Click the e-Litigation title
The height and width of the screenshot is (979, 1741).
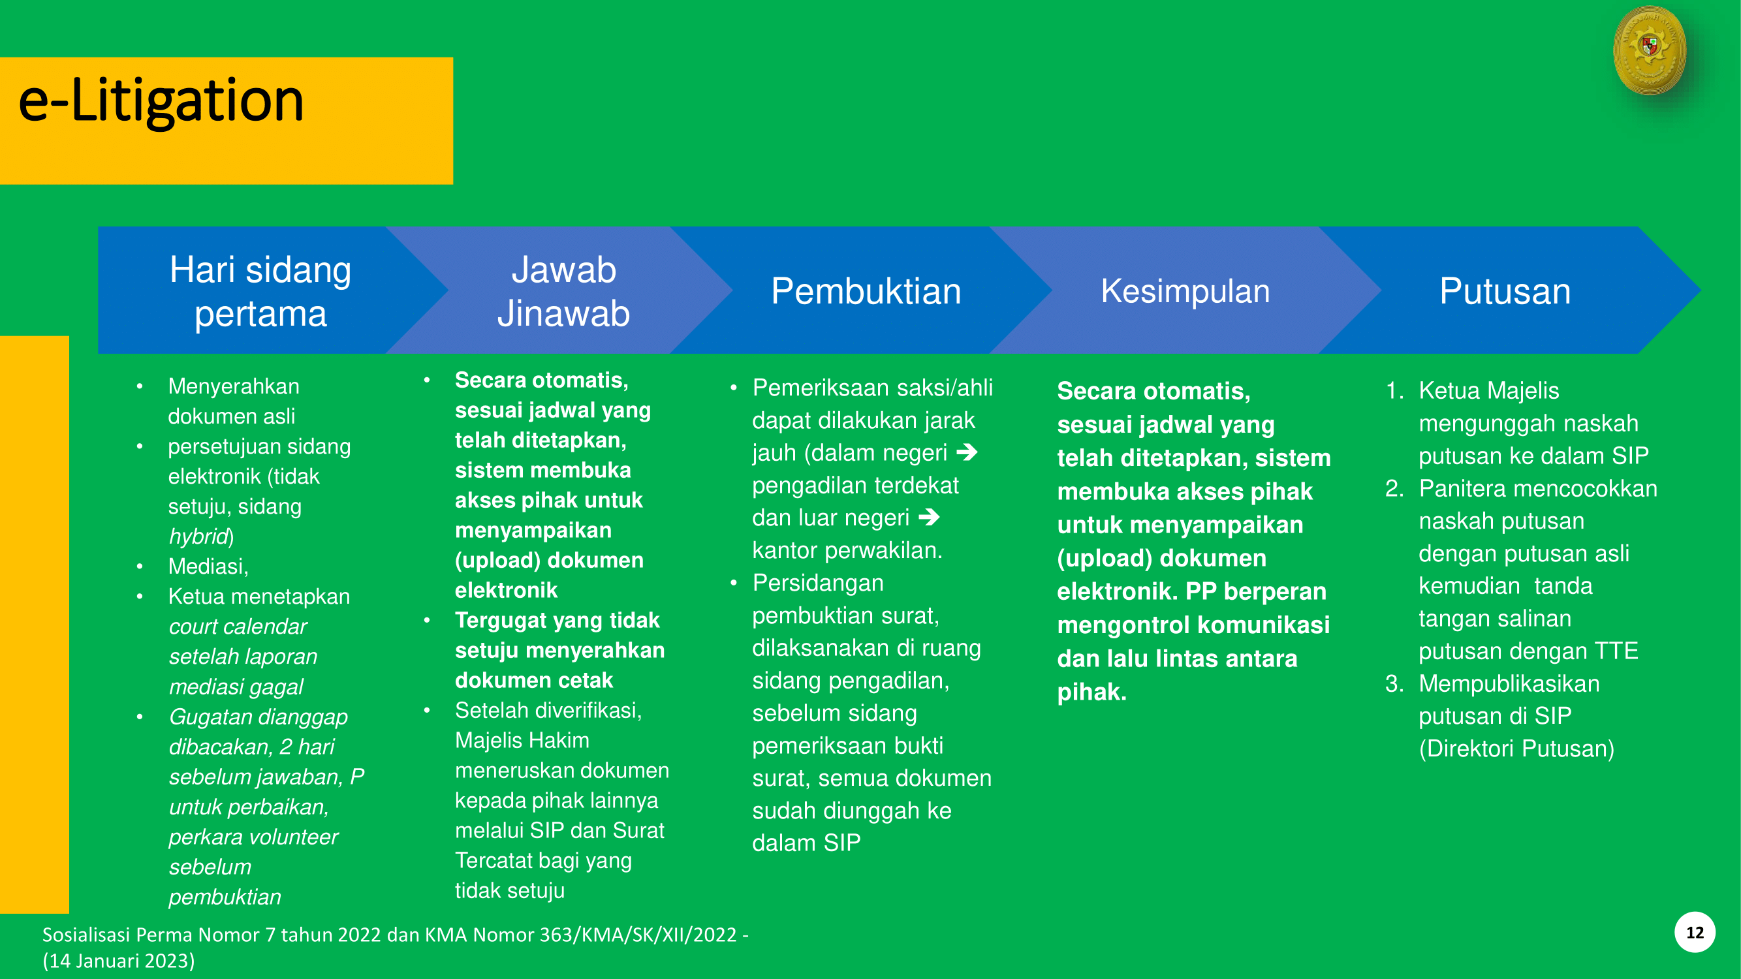click(161, 101)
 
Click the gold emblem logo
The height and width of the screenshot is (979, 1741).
click(1650, 50)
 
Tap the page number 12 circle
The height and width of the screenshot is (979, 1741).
click(1695, 933)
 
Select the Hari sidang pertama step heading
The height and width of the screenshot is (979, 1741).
click(260, 291)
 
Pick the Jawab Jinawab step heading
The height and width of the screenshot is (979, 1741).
click(563, 291)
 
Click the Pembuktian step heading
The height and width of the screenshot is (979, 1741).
click(866, 291)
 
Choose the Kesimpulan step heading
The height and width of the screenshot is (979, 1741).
click(1185, 291)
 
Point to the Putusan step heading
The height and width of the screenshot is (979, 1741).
click(1505, 291)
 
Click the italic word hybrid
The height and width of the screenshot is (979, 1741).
click(198, 536)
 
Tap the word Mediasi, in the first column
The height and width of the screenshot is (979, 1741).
click(208, 566)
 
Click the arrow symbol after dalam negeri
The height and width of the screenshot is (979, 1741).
click(967, 452)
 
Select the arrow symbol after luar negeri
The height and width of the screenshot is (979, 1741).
click(930, 517)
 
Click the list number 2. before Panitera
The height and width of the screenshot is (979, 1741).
click(1394, 488)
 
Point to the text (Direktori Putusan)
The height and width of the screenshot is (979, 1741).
click(1516, 749)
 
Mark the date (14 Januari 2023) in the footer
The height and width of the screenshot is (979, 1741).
click(119, 961)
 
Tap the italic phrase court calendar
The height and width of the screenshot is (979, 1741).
click(238, 627)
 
